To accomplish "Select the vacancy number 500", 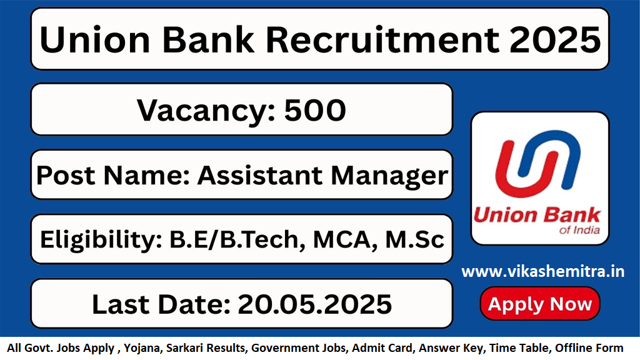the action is point(315,110).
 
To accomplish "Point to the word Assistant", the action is point(260,176).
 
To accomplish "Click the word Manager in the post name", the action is point(389,177).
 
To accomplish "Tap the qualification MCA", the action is point(345,240).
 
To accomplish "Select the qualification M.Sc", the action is point(415,239).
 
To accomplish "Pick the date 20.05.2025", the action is point(315,304).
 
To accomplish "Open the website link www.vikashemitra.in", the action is point(543,272).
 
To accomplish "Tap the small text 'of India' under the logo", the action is point(579,230).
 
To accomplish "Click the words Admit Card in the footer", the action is point(382,348).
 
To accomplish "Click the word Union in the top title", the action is point(95,40).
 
